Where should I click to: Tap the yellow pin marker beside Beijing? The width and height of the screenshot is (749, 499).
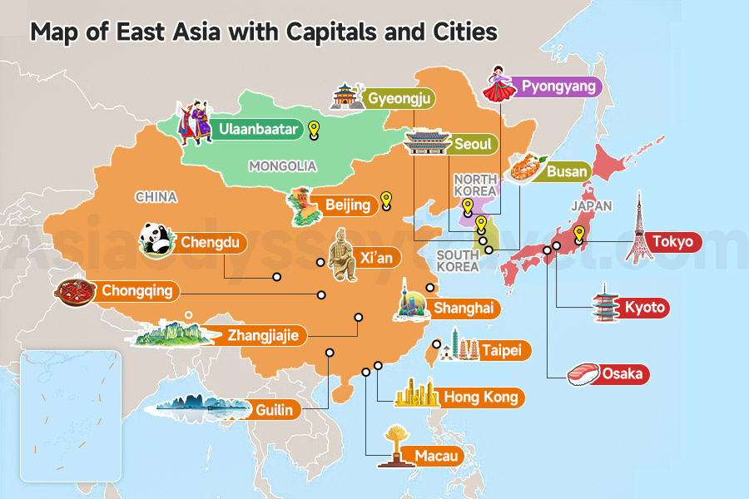click(x=385, y=201)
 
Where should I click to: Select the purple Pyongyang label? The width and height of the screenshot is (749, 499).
click(x=559, y=86)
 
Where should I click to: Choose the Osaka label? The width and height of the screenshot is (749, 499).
click(x=622, y=373)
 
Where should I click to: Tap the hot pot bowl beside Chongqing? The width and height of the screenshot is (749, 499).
click(x=76, y=292)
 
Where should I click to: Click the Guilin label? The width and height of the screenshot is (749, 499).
click(x=274, y=409)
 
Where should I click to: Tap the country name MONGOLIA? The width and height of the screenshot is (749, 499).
click(x=283, y=166)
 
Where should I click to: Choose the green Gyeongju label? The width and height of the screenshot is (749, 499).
click(x=401, y=99)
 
